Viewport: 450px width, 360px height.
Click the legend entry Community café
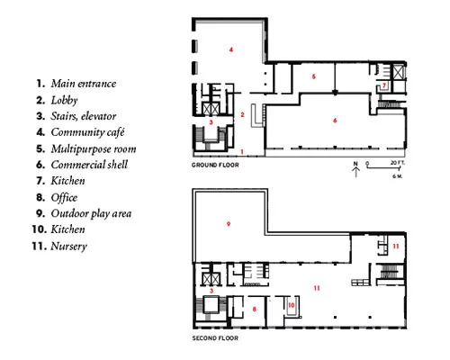(87, 132)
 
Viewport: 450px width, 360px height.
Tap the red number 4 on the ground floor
(231, 49)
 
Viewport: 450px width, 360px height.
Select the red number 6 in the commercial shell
(335, 121)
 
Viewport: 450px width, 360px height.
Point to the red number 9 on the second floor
(229, 224)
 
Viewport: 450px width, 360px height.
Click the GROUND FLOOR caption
(215, 165)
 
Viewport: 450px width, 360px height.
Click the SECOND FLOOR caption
(215, 338)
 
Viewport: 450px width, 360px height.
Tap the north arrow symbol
(355, 169)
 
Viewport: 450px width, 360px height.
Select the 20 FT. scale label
(398, 163)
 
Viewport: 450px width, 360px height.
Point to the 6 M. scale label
(397, 176)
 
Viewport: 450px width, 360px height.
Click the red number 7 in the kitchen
(384, 85)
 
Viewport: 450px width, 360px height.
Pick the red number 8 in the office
(255, 309)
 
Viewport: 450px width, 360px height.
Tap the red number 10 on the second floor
(292, 305)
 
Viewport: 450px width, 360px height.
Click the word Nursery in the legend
(69, 247)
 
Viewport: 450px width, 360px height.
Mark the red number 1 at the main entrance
(242, 152)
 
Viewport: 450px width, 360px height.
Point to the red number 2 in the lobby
(242, 114)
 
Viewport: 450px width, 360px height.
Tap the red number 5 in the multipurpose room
(314, 76)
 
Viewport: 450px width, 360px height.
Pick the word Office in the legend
(64, 197)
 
